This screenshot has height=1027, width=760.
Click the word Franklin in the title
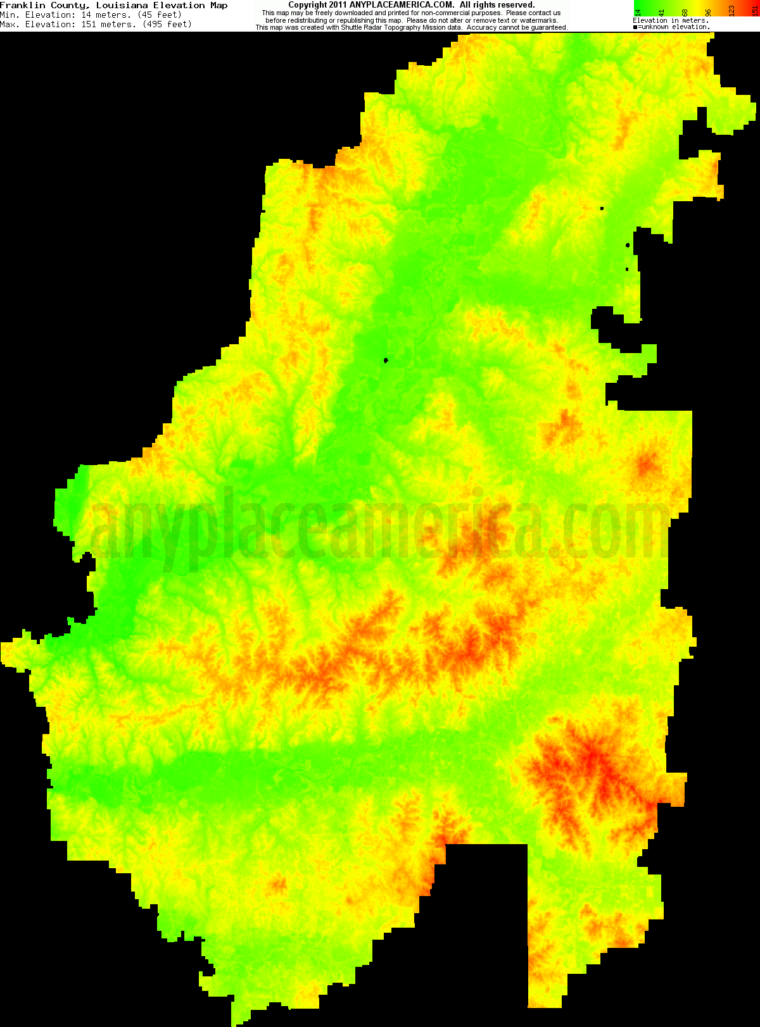coord(23,5)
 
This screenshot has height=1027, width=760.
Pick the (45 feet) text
coord(160,15)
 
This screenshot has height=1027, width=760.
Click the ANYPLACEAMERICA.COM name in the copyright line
coord(402,5)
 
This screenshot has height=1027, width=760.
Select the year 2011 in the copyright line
coord(338,5)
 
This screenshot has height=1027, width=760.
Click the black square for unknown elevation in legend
coord(635,27)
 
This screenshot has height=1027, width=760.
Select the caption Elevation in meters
coord(671,21)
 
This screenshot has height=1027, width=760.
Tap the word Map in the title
coord(218,5)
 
